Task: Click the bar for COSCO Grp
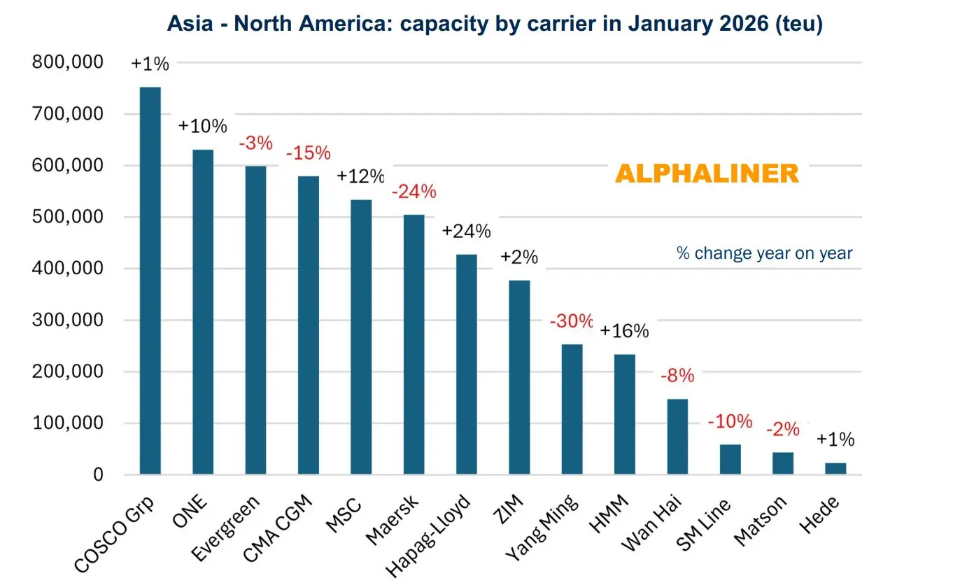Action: pos(150,281)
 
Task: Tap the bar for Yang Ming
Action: pos(572,409)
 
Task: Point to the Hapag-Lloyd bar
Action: pos(467,365)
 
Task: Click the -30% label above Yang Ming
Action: pos(571,322)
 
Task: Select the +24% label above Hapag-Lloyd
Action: pos(466,232)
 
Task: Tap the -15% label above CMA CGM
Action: pos(308,153)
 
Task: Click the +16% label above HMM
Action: pos(624,331)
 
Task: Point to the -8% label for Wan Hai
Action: pos(677,376)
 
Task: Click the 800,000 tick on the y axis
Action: pos(68,62)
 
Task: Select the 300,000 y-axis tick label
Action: pos(68,320)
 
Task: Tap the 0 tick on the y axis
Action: pos(98,475)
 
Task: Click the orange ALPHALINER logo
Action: pos(707,174)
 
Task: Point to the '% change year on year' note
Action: pos(764,253)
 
